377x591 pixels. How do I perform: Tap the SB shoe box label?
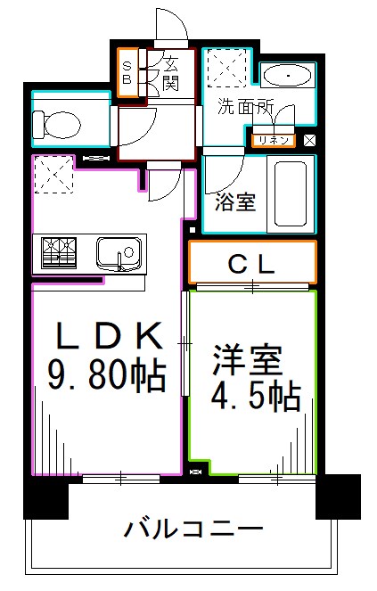[127, 71]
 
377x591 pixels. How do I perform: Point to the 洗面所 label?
[246, 107]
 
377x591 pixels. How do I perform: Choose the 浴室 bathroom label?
[236, 201]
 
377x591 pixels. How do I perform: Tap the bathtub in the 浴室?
[291, 195]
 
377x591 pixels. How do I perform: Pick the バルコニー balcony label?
[193, 529]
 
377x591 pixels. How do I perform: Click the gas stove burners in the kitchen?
[58, 252]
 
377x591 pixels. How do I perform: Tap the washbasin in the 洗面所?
[287, 75]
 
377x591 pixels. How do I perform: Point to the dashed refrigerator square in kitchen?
[53, 174]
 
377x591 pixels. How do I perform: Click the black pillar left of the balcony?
[45, 497]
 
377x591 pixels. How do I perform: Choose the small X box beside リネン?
[309, 140]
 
